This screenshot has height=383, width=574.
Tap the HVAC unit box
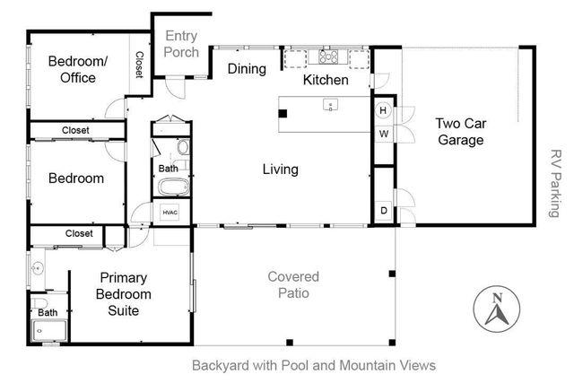coord(170,212)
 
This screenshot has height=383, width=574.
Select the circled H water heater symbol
coord(383,111)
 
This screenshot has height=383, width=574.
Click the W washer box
coord(383,134)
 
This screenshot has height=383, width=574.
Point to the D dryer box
coord(383,211)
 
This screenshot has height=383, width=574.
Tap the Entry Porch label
coord(181,45)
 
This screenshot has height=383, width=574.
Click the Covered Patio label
coord(292,284)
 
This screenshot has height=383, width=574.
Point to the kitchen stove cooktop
coord(328,59)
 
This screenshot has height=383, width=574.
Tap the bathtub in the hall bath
coord(171,187)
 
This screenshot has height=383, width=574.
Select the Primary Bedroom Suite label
coord(123,294)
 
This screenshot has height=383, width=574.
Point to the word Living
coord(280,169)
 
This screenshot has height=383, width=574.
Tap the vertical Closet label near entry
coord(139,65)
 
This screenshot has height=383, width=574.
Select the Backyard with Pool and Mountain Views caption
coord(313,365)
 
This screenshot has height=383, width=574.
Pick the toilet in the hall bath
coord(182,148)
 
